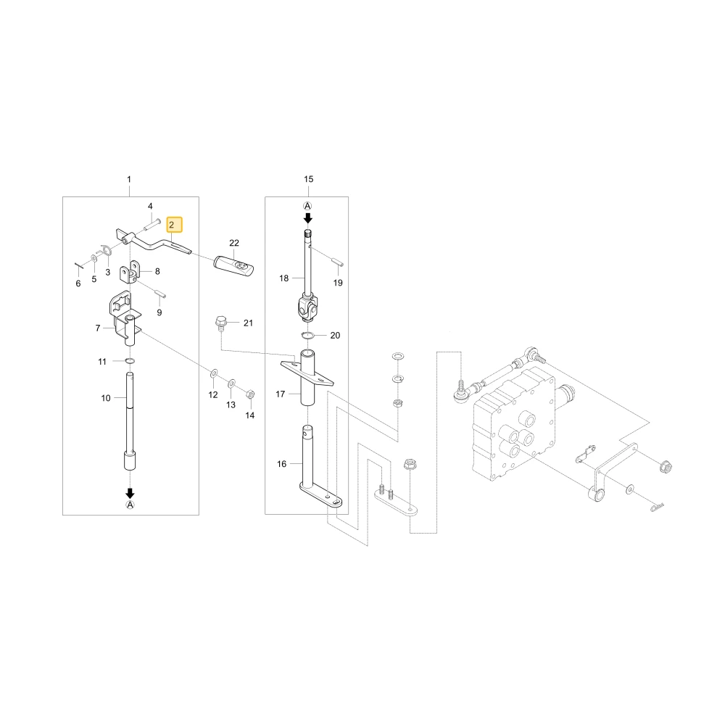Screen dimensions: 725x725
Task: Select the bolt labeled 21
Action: [x=221, y=323]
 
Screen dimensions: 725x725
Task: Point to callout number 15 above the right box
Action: [x=308, y=179]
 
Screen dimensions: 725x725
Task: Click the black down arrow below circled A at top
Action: [x=308, y=217]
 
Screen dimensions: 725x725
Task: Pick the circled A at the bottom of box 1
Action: [x=130, y=505]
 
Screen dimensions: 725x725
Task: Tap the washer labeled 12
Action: [x=214, y=373]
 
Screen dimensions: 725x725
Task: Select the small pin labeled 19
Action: [x=339, y=262]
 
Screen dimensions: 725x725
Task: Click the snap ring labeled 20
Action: [x=308, y=335]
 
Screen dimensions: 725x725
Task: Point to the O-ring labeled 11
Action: [x=130, y=360]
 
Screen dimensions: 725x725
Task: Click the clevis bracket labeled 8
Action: [x=130, y=273]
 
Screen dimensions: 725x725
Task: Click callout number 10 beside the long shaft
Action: [x=106, y=398]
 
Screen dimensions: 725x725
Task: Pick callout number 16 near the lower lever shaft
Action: [x=281, y=464]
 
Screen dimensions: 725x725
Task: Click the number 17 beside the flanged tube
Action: [x=280, y=394]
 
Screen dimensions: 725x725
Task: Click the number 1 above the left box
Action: [x=129, y=179]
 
